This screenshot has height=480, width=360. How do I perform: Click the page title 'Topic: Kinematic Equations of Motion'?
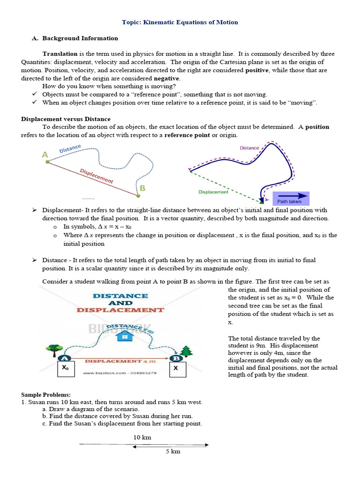(180, 22)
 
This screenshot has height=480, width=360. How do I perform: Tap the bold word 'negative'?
(166, 78)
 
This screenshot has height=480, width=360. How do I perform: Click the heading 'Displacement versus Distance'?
(66, 119)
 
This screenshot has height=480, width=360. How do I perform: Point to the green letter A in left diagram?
(45, 155)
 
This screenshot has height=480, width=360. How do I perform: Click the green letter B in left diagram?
(142, 188)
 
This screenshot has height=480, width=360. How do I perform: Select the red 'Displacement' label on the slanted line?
(96, 176)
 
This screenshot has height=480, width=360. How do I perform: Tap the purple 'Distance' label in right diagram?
(249, 148)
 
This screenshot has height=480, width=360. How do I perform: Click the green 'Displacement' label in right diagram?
(213, 192)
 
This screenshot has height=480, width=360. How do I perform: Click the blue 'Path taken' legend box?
(291, 198)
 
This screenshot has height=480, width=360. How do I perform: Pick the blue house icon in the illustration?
(124, 336)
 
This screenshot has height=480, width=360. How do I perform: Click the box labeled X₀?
(66, 369)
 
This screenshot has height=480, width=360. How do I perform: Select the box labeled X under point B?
(176, 369)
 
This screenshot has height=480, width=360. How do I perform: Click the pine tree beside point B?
(187, 351)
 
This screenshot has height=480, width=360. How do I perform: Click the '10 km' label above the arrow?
(142, 437)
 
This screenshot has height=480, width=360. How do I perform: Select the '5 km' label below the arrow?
(173, 451)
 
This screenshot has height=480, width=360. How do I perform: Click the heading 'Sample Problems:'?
(45, 395)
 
